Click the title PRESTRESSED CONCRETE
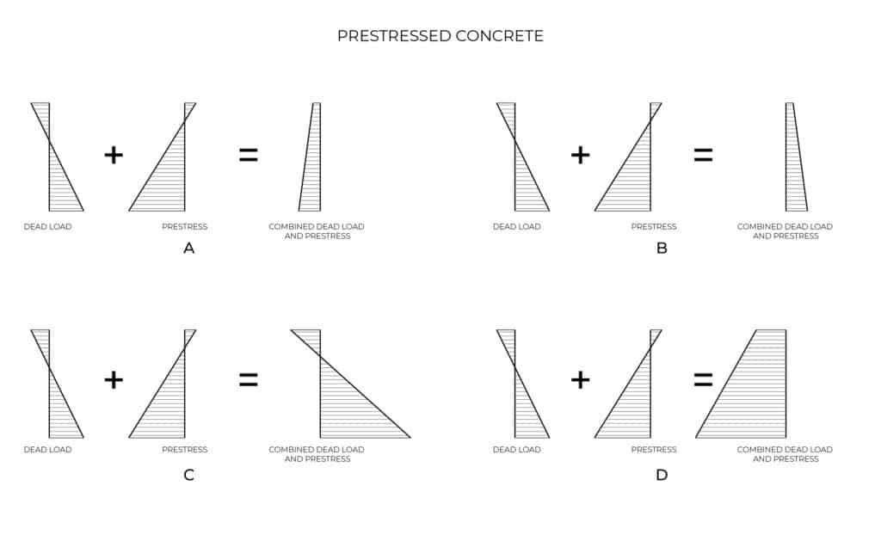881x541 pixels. point(440,36)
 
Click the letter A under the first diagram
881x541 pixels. point(188,248)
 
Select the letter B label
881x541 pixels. point(662,248)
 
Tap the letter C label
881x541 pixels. point(188,475)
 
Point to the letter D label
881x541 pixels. point(662,475)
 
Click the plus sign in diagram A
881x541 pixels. point(114,155)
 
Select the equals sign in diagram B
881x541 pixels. point(703,155)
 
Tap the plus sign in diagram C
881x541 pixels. point(114,380)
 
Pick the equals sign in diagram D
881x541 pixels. point(703,380)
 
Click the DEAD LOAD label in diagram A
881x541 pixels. point(48,226)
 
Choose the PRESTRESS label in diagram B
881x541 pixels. point(654,226)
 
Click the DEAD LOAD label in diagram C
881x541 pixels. point(48,450)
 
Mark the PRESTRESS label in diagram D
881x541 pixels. point(654,450)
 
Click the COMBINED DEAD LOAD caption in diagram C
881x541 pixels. point(317,450)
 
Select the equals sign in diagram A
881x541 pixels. point(249,155)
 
